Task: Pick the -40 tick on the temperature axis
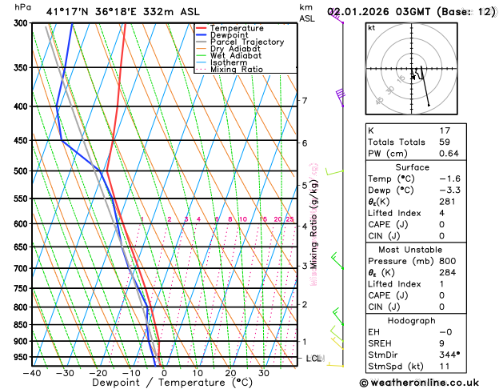pyautogui.click(x=32, y=373)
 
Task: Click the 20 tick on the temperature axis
pyautogui.click(x=230, y=373)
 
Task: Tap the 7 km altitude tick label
pyautogui.click(x=305, y=101)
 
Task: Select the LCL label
pyautogui.click(x=314, y=359)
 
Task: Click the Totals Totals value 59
pyautogui.click(x=445, y=142)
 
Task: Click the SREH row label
pyautogui.click(x=382, y=342)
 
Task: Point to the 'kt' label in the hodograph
pyautogui.click(x=371, y=27)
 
